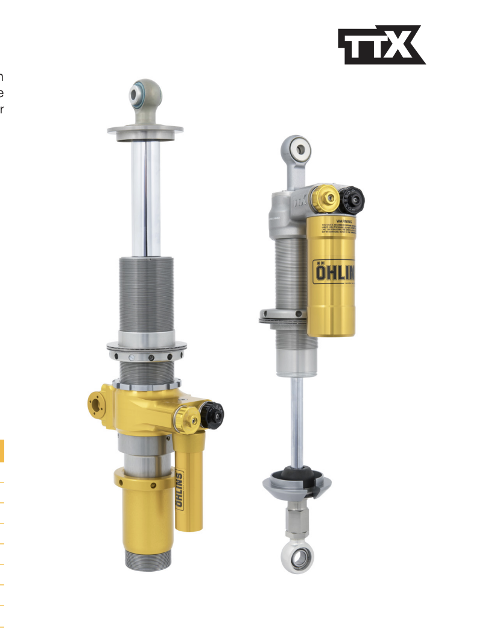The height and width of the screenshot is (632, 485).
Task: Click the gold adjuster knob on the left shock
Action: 187,417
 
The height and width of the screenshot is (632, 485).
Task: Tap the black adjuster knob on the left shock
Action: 212,414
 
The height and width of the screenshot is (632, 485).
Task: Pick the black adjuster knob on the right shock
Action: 351,197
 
